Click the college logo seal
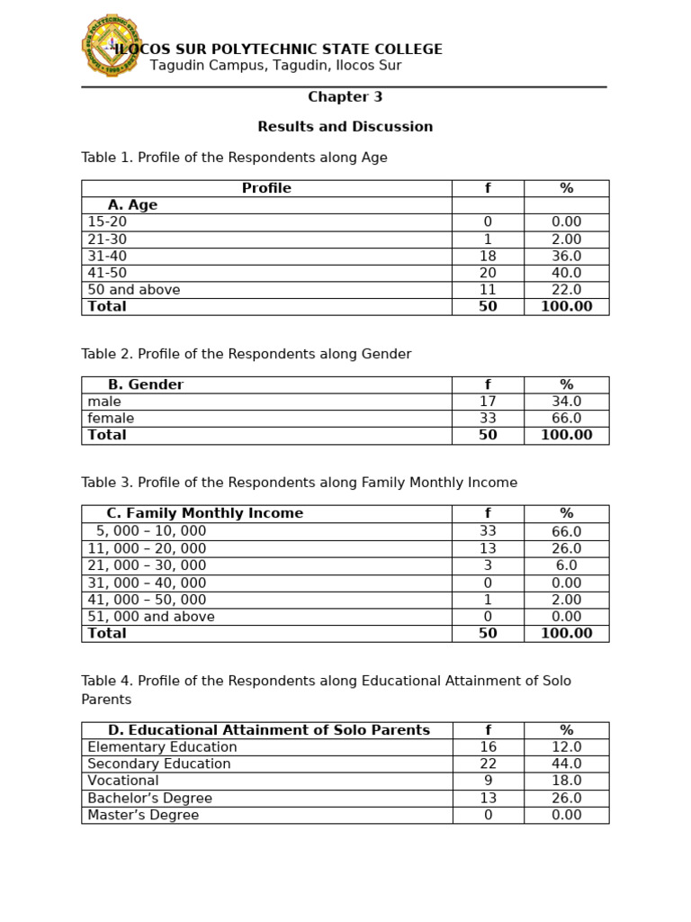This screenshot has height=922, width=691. [x=111, y=45]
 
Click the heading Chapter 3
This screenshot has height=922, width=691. [x=345, y=97]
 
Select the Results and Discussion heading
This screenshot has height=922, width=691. [x=345, y=127]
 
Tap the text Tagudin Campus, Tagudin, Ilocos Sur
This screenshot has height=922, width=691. [x=275, y=66]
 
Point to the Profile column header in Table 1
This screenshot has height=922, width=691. [x=266, y=188]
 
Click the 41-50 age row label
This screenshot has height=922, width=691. [x=107, y=273]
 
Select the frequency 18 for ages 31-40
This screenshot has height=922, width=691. [x=488, y=257]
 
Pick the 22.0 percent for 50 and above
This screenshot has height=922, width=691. [x=566, y=290]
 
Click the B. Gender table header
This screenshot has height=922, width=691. [x=145, y=384]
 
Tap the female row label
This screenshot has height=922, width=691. [x=111, y=419]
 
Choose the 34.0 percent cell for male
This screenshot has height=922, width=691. [x=566, y=402]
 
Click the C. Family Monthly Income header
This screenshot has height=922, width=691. [x=204, y=513]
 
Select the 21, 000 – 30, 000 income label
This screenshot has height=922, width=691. [x=147, y=565]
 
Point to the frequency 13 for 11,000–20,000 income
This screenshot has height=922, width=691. [x=488, y=548]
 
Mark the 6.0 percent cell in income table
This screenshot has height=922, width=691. [x=566, y=565]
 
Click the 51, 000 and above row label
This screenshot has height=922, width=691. [x=151, y=617]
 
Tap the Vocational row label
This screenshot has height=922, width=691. [x=123, y=781]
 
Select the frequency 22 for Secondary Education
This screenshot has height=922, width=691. [x=488, y=764]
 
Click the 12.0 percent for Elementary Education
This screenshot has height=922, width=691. [x=566, y=746]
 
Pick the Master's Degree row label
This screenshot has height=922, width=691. [x=143, y=815]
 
